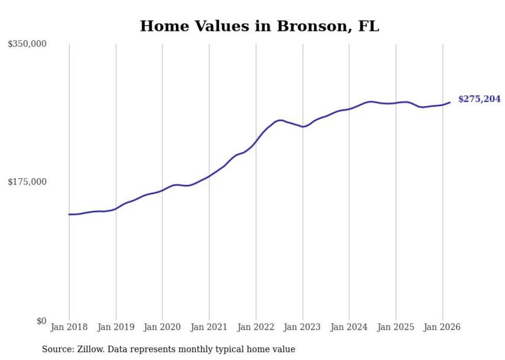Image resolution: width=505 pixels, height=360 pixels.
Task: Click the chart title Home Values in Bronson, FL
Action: point(259,26)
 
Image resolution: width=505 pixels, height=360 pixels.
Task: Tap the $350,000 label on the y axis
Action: point(27,44)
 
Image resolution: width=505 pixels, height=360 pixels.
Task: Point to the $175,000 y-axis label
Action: point(27,182)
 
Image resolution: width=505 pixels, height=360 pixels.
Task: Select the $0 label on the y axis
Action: point(41,321)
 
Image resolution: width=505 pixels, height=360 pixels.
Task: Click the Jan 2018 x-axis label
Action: point(69,327)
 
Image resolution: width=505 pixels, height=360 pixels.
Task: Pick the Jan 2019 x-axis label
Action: point(116,327)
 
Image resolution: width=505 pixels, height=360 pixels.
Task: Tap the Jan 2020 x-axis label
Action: point(162,327)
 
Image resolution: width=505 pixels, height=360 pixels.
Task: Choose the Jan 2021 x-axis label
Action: point(209,327)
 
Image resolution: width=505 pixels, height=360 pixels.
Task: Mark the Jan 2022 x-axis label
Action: point(256,327)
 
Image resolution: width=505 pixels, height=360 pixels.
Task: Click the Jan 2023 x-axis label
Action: point(302,327)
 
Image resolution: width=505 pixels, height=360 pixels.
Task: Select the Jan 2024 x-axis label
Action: point(349,327)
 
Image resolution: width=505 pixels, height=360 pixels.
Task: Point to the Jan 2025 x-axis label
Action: point(396,327)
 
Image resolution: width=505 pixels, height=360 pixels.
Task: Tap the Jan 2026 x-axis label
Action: point(443,327)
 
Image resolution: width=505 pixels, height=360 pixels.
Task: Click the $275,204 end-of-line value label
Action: point(479,99)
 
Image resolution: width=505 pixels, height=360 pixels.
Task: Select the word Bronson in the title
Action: point(311,26)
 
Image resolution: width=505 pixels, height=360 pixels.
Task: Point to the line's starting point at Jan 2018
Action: point(69,214)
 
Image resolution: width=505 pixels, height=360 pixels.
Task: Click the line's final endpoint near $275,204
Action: point(450,102)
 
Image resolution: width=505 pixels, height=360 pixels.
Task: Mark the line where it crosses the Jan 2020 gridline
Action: point(162,190)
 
